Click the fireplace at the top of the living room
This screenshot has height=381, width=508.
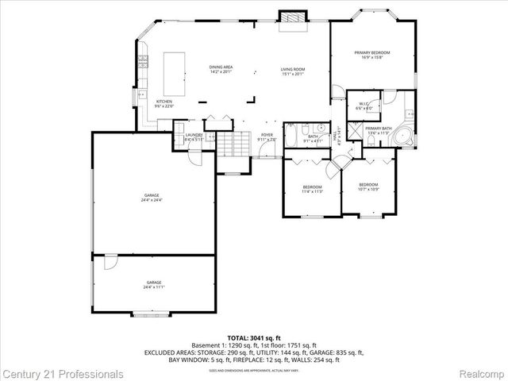292,17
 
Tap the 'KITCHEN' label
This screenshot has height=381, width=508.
164,102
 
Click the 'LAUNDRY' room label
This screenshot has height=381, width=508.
194,137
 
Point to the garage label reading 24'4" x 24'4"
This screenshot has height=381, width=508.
152,196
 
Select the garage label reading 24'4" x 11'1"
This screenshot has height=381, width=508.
153,284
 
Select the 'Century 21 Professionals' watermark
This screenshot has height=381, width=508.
62,373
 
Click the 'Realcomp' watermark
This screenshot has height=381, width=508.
482,373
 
